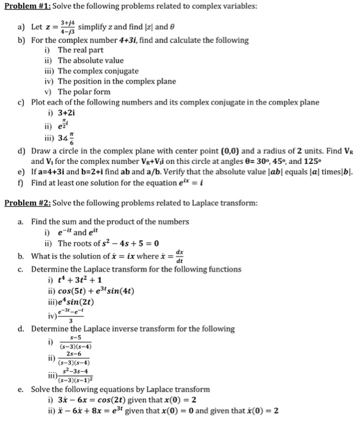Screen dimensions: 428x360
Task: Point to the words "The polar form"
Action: [84, 91]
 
